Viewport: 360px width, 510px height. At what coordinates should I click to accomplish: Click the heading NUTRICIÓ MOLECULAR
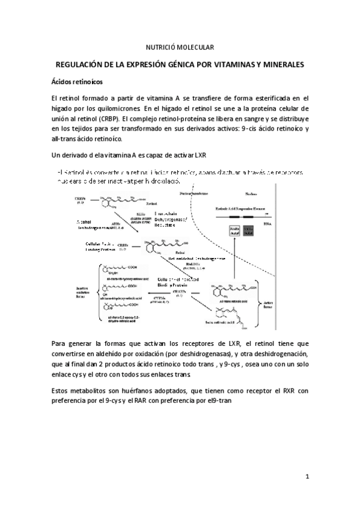[180, 47]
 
